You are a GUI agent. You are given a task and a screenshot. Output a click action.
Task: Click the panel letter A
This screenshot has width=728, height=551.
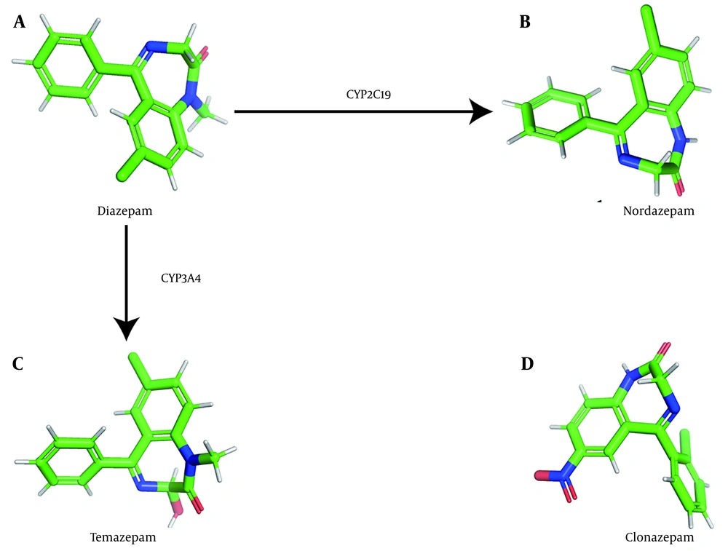point(20,23)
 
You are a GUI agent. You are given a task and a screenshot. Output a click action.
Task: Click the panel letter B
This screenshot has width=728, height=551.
point(525,23)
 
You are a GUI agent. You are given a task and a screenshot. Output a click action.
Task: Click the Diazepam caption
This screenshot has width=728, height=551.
point(125,211)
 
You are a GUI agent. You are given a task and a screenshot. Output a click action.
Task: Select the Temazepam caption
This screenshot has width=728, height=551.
point(125,539)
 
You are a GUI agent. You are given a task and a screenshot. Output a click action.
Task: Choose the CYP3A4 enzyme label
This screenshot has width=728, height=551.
point(181,278)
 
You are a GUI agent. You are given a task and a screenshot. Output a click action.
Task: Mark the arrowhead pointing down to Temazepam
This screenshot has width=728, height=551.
point(127,329)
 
